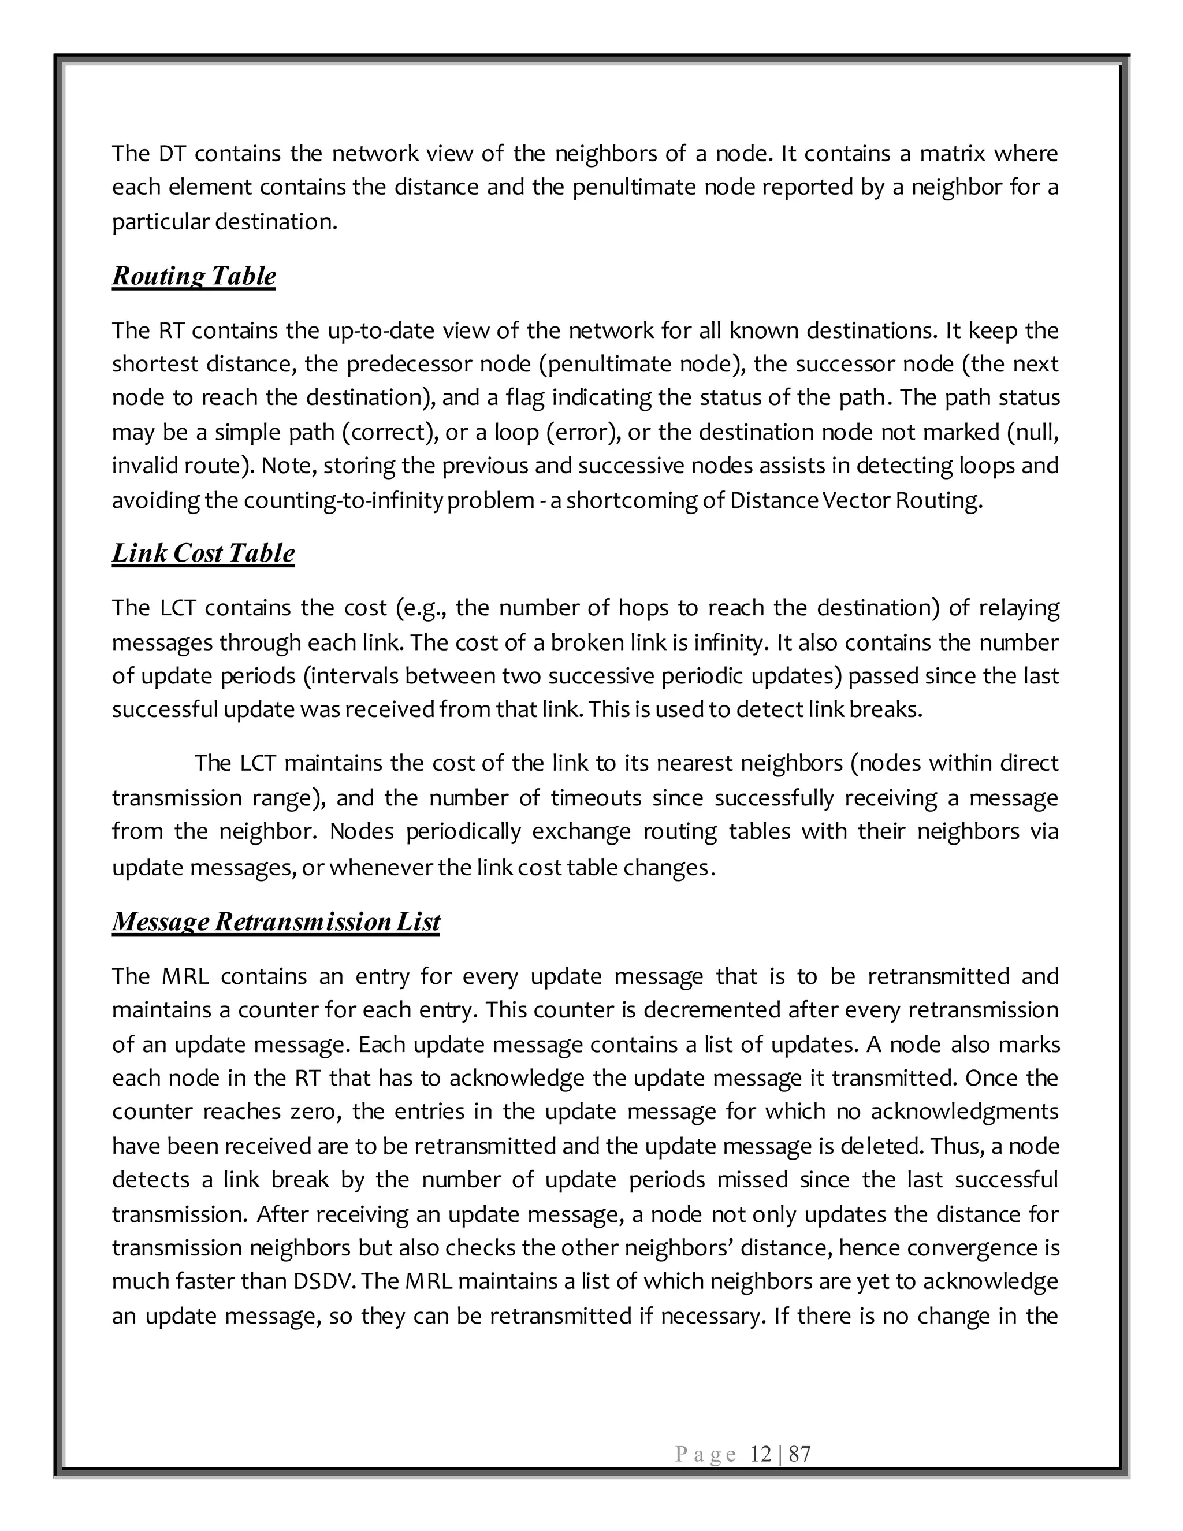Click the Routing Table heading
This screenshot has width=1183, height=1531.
tap(194, 276)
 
